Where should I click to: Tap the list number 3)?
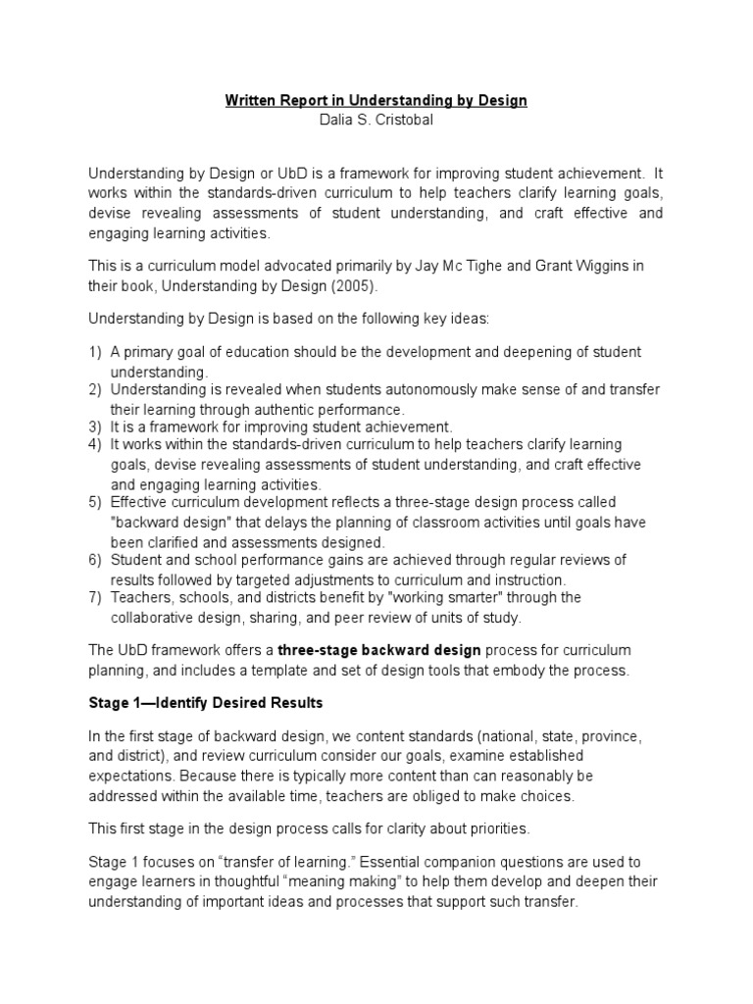tap(96, 427)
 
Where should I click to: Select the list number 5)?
tap(96, 503)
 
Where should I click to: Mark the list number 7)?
tap(96, 597)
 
